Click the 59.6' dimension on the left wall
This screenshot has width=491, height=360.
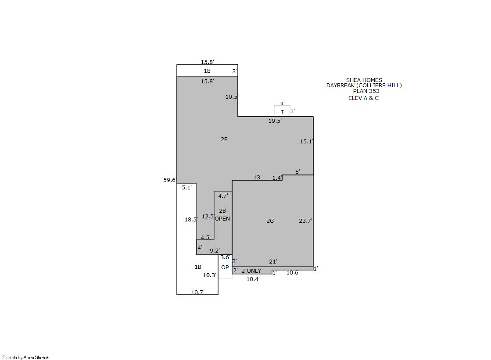(x=170, y=180)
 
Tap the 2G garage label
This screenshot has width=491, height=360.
(x=270, y=221)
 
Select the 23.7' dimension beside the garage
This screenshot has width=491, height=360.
(x=306, y=221)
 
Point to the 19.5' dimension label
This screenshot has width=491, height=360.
(x=275, y=121)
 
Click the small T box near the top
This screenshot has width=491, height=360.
(x=283, y=111)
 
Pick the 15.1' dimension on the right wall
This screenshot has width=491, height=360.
(x=307, y=141)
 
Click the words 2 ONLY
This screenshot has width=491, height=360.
(x=251, y=271)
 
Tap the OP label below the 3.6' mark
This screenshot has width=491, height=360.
(x=225, y=267)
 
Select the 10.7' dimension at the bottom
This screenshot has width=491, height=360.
(x=198, y=292)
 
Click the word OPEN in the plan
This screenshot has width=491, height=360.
(x=222, y=218)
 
